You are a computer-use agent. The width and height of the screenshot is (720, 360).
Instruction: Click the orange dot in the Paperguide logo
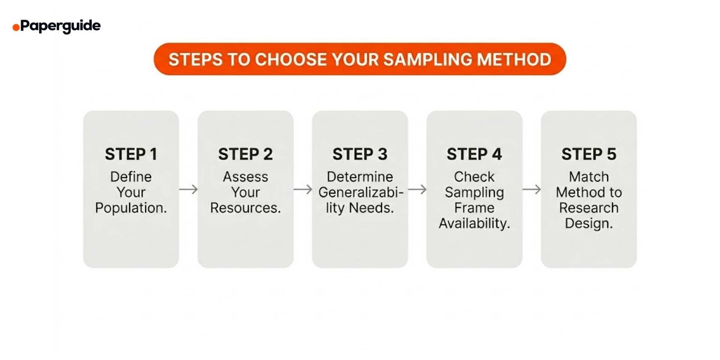(x=16, y=27)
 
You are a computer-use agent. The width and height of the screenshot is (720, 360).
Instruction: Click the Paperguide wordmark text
(x=60, y=26)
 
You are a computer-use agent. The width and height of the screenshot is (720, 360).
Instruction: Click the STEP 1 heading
(x=131, y=154)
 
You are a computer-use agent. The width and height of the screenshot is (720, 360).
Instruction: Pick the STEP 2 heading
(x=245, y=154)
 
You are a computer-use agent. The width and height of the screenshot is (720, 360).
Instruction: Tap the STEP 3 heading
(x=360, y=154)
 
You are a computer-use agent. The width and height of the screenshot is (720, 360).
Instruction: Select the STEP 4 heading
(x=474, y=154)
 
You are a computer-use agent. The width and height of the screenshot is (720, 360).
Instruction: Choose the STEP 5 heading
(x=588, y=154)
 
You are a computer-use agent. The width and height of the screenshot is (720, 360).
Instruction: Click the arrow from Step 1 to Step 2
(x=188, y=189)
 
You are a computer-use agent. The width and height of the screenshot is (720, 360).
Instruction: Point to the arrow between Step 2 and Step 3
(x=303, y=189)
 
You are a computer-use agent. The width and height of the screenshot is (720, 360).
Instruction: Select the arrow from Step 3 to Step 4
(x=417, y=189)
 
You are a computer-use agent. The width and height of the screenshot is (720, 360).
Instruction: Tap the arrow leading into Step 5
(x=531, y=189)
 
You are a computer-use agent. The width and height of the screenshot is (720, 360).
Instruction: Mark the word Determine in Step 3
(x=360, y=177)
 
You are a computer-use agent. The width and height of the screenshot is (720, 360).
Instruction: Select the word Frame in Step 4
(x=474, y=208)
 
